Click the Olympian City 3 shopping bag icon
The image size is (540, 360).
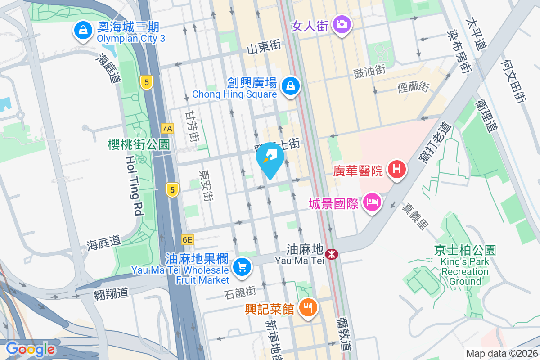(x=83, y=31)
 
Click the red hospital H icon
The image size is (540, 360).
(x=397, y=170)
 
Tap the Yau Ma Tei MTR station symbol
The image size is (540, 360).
(x=332, y=254)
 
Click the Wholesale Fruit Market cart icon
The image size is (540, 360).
(x=243, y=267)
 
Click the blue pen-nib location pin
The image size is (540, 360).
(x=270, y=158)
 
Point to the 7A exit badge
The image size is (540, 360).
(x=167, y=129)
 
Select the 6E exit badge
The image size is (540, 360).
(x=187, y=240)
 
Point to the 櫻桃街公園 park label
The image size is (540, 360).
(x=139, y=144)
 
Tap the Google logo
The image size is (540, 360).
(x=30, y=349)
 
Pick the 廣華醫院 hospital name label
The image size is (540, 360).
(x=358, y=171)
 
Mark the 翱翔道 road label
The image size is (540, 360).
(x=111, y=293)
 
